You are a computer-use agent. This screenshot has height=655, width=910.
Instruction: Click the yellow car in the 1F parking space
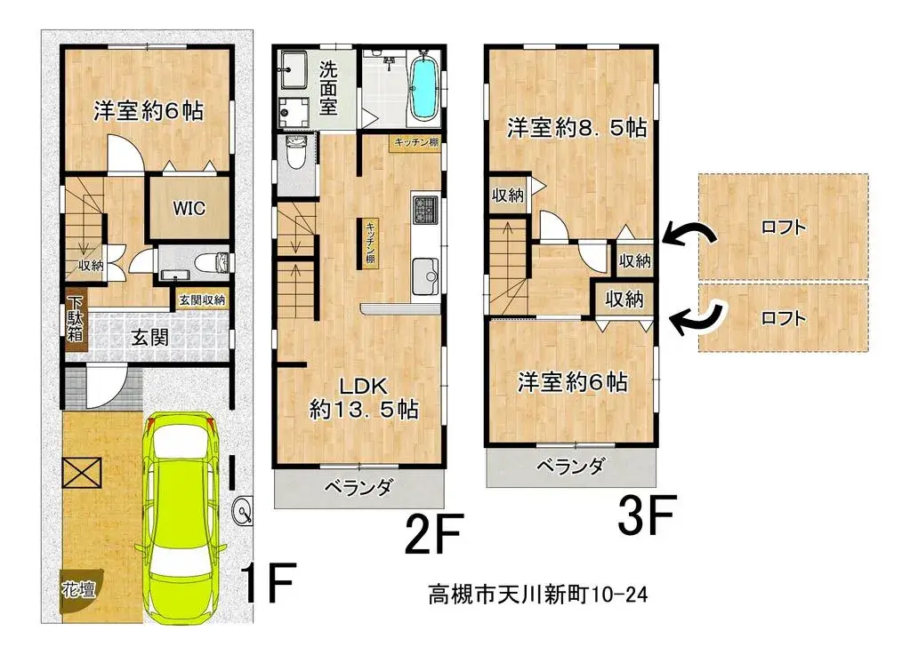point(183,515)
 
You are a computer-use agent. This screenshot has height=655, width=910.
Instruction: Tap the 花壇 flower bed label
point(75,588)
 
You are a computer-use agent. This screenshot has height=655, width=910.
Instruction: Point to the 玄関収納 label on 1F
point(202,300)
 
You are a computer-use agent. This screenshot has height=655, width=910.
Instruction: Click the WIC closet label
point(189,209)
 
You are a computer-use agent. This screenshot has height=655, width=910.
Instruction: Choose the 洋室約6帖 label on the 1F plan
point(149,111)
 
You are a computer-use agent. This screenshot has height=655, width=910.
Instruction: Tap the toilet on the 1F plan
point(211,262)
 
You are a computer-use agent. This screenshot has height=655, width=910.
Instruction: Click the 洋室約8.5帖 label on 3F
point(576,128)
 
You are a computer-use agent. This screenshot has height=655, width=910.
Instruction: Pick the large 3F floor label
point(648,515)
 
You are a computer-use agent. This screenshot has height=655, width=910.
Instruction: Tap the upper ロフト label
point(783,228)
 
